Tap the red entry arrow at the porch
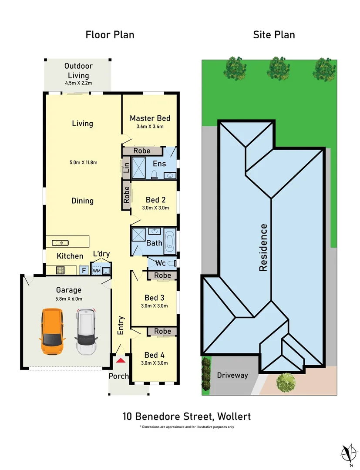point(120,360)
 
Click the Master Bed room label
point(150,118)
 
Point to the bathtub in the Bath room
point(170,241)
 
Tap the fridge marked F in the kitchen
point(84,270)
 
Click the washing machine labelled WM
point(96,270)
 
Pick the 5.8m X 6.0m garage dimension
point(68,299)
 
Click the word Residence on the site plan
point(263,247)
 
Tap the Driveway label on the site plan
point(232,375)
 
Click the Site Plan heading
point(274,34)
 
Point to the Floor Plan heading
point(110,34)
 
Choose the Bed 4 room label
point(154,355)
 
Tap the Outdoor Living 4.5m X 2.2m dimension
point(78,83)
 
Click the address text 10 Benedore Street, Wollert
point(186,416)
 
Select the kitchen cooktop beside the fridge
point(61,270)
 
